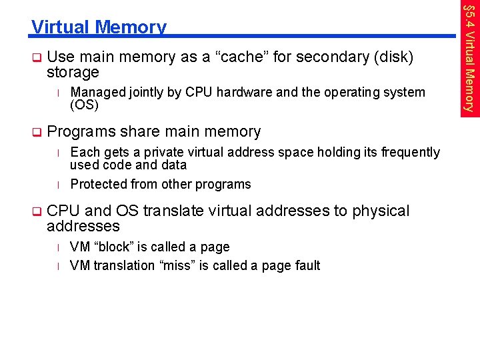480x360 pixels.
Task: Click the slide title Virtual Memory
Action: pos(99,27)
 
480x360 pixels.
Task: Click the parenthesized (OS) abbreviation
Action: pos(84,105)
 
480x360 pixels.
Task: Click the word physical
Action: pos(381,211)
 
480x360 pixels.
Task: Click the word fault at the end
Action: pos(306,265)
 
